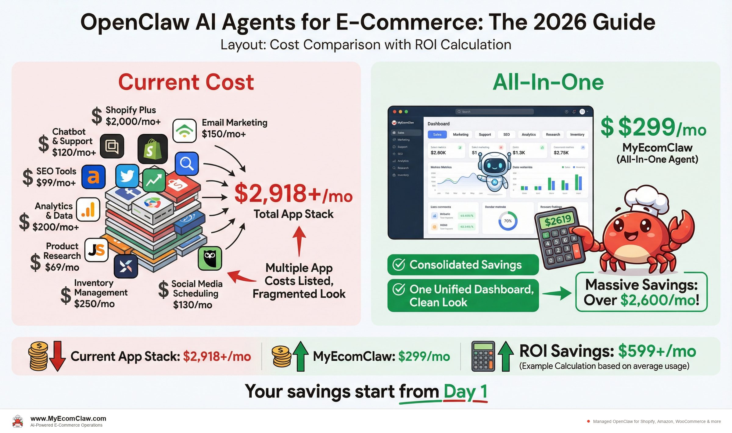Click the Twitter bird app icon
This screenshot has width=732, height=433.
127,176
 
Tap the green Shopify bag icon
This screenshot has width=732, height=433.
152,149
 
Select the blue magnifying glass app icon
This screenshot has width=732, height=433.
187,164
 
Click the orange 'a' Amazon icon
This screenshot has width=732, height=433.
93,177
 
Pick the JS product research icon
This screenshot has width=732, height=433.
96,250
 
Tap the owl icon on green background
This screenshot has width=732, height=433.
210,258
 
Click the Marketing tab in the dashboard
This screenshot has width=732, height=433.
460,135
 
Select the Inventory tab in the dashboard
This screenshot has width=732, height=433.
577,135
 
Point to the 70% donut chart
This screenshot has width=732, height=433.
508,221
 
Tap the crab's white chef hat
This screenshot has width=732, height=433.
646,200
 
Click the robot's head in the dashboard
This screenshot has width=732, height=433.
494,165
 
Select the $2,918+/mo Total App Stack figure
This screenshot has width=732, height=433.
293,194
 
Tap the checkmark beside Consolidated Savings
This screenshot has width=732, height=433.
399,265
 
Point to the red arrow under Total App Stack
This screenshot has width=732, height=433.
300,241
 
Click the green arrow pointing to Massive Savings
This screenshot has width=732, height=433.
557,293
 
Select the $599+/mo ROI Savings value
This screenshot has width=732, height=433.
657,351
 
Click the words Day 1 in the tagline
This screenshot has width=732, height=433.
465,392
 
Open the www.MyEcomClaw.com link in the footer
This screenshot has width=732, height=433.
68,418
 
